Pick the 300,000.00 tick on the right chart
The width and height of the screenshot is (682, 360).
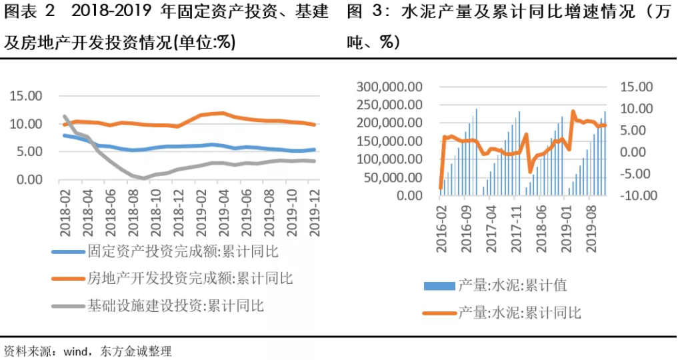point(389,87)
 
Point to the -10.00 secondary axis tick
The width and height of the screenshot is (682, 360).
point(639,196)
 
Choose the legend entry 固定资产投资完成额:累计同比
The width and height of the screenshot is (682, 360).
point(182,252)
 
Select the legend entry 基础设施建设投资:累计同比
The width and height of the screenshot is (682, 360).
point(175,306)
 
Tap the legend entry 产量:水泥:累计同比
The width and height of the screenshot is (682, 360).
point(519,312)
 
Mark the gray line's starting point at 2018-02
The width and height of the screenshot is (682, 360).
point(65,117)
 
